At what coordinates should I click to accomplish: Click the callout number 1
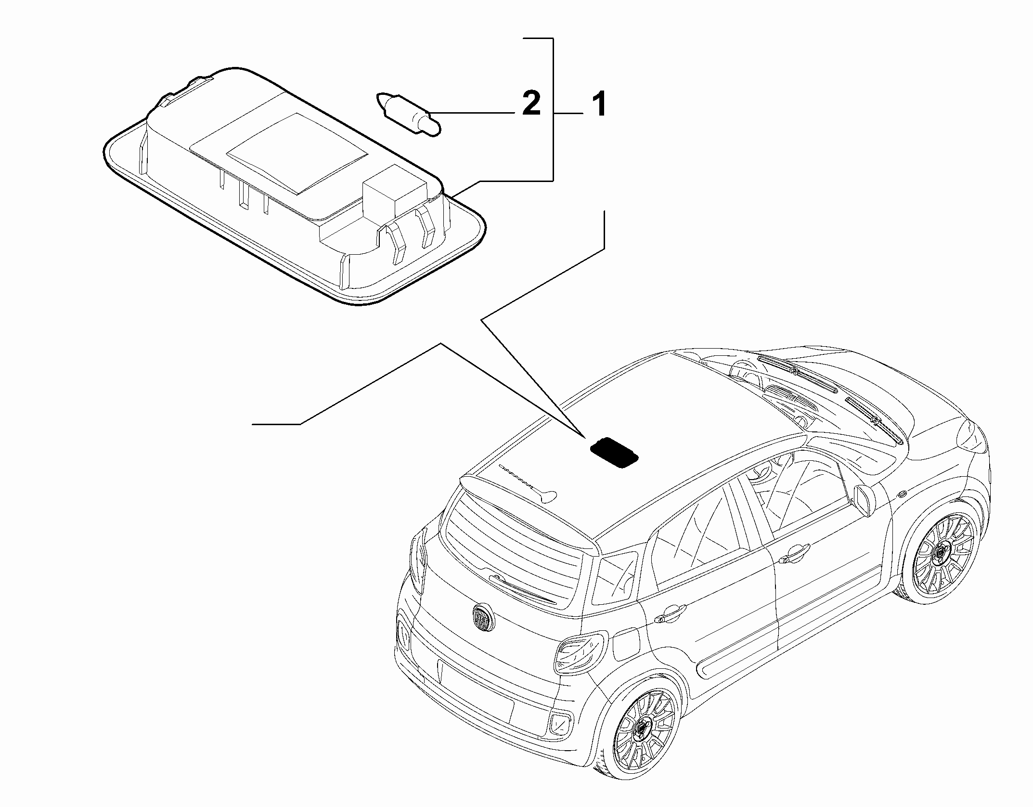(598, 105)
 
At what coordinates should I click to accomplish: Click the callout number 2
(531, 104)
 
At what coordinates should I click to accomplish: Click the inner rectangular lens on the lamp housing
(297, 153)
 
